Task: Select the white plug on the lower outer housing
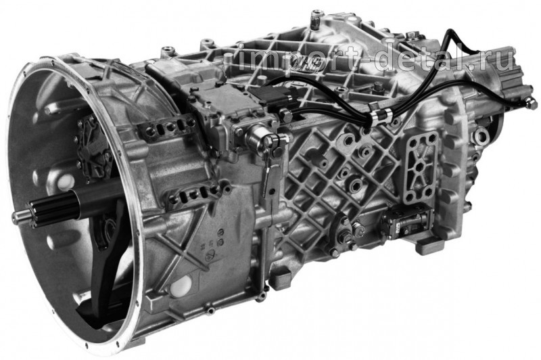tap(181, 285)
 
